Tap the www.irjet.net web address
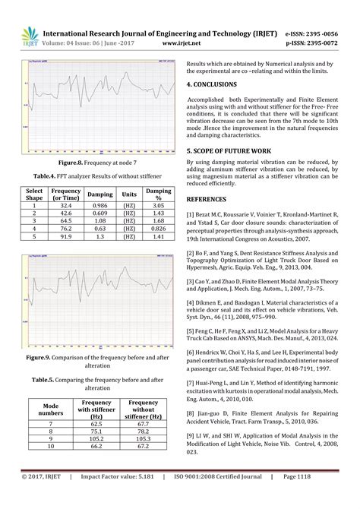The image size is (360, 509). click(181, 43)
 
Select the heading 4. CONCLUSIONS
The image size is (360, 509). click(219, 87)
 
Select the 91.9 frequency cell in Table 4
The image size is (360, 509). click(67, 236)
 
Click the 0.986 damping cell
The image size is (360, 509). click(99, 205)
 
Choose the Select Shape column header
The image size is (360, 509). click(34, 194)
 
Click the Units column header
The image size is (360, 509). click(128, 194)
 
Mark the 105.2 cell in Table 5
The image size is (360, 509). click(96, 438)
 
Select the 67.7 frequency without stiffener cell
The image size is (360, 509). click(144, 422)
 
